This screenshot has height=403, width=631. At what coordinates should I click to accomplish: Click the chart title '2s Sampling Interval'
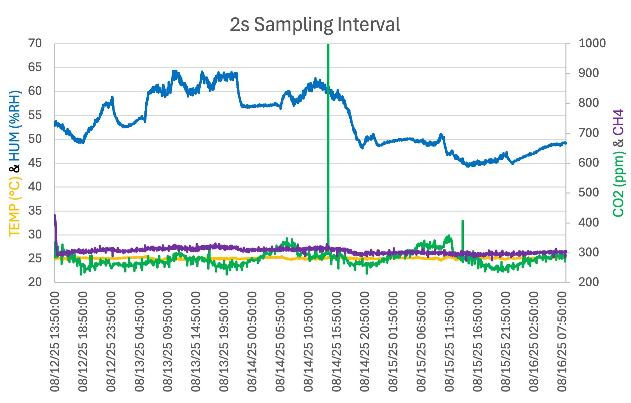[x=315, y=24]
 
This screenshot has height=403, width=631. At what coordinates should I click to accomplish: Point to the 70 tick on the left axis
[x=35, y=43]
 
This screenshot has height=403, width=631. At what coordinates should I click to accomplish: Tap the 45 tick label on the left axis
[x=35, y=163]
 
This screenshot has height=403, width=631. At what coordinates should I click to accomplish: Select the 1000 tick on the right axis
[x=592, y=43]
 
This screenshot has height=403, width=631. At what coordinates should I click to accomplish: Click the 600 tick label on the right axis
[x=588, y=163]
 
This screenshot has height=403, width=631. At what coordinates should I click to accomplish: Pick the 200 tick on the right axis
[x=588, y=282]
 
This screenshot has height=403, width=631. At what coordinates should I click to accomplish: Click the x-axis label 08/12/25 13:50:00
[x=55, y=342]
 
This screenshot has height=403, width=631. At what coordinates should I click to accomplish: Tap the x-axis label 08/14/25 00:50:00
[x=252, y=342]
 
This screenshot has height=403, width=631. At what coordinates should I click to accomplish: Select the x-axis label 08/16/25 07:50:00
[x=562, y=342]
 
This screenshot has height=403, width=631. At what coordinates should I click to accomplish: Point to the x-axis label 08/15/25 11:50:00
[x=449, y=342]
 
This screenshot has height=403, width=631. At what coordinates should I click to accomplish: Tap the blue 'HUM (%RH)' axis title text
[x=15, y=126]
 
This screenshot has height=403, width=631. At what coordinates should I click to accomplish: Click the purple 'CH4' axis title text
[x=618, y=122]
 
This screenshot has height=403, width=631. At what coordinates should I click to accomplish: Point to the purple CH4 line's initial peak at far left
[x=55, y=217]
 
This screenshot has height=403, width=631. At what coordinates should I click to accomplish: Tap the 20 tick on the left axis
[x=35, y=282]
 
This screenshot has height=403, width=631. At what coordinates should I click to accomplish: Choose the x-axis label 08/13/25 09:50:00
[x=168, y=342]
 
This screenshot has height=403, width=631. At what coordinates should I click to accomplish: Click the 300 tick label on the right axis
[x=588, y=253]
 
